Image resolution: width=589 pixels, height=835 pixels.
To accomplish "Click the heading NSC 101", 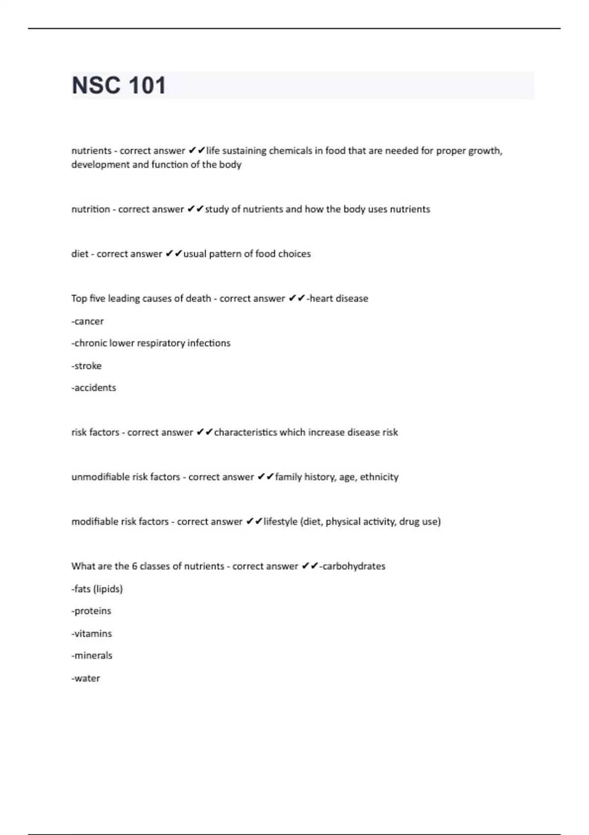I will point(119,85).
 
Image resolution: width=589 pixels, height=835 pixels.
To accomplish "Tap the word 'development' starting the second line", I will point(101,165).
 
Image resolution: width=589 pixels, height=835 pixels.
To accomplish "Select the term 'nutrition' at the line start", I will point(91,209).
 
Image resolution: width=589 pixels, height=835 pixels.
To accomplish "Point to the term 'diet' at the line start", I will point(80,254).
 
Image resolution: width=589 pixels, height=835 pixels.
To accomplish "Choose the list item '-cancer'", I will point(87,321).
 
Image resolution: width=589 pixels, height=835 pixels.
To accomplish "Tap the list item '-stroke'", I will point(86,366).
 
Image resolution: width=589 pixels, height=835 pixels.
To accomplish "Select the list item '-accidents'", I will point(94,388).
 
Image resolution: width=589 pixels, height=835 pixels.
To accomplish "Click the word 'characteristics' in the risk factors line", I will point(245,432).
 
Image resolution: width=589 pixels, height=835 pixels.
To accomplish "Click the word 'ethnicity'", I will point(379,477).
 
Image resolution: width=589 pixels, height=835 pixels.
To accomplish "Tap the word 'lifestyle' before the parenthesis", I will point(280,522).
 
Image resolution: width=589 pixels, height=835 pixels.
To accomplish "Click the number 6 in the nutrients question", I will point(134,566).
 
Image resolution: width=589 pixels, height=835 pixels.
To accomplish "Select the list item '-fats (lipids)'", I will point(97,589).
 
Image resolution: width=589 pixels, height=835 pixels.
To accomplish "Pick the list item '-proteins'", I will point(91,611).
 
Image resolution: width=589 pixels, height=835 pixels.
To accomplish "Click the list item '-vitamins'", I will point(91,634).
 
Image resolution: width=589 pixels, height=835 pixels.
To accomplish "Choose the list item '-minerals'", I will point(92,656).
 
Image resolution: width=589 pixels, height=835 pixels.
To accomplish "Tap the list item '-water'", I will point(85,678).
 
